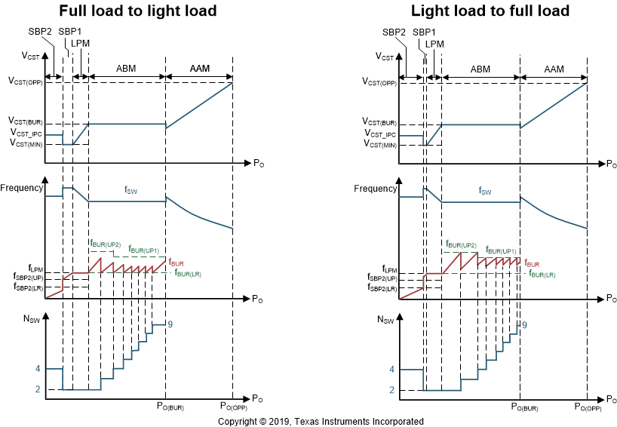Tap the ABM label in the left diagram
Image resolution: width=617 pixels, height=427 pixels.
tap(126, 68)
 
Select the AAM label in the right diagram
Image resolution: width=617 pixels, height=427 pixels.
tap(554, 69)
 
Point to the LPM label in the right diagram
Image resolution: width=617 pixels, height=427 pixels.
tap(434, 44)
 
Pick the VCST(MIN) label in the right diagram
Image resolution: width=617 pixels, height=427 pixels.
tap(379, 144)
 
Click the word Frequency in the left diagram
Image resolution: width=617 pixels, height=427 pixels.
tap(22, 187)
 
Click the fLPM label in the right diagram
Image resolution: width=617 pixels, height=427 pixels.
tap(389, 269)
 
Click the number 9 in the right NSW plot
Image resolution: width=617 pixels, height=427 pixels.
tap(524, 324)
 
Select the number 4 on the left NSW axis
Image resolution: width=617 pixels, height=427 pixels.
tap(38, 369)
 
